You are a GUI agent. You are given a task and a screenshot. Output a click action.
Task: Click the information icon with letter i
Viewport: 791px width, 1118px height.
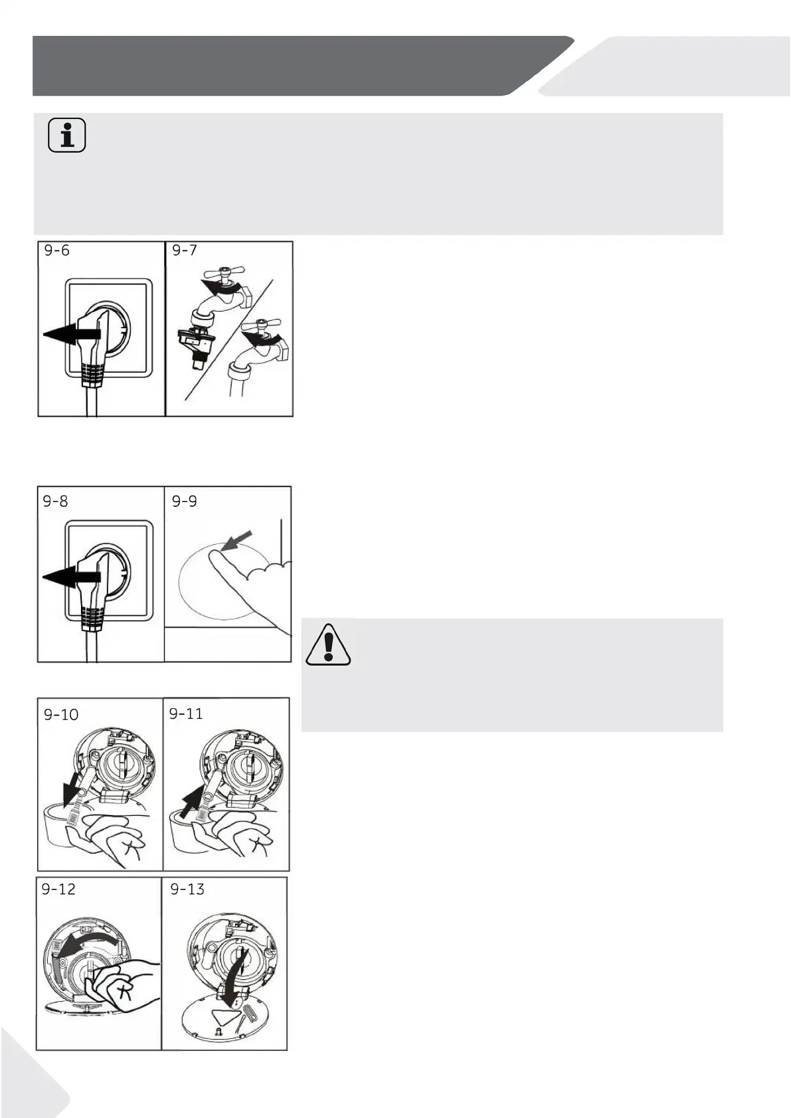67,136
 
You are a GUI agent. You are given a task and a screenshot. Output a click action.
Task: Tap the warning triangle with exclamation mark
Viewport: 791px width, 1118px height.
328,645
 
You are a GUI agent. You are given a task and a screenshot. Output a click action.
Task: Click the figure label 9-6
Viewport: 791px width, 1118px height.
57,250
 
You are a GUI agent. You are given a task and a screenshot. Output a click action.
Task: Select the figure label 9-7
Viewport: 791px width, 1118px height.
185,250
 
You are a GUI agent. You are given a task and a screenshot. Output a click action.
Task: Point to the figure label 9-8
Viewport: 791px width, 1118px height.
55,501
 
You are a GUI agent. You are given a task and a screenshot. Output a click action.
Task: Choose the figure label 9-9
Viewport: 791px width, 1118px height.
184,501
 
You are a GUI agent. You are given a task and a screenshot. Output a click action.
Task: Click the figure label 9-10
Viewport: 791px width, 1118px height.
61,715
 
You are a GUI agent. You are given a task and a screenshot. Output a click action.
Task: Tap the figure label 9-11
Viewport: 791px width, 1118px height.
186,713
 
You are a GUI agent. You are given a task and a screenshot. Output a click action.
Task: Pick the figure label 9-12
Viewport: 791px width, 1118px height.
58,889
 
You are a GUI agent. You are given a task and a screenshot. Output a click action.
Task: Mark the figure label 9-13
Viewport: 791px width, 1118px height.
187,889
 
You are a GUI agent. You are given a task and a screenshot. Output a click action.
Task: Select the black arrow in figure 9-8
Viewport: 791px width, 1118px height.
71,577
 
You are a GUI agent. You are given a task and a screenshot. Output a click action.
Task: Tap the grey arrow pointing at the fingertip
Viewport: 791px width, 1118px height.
236,541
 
